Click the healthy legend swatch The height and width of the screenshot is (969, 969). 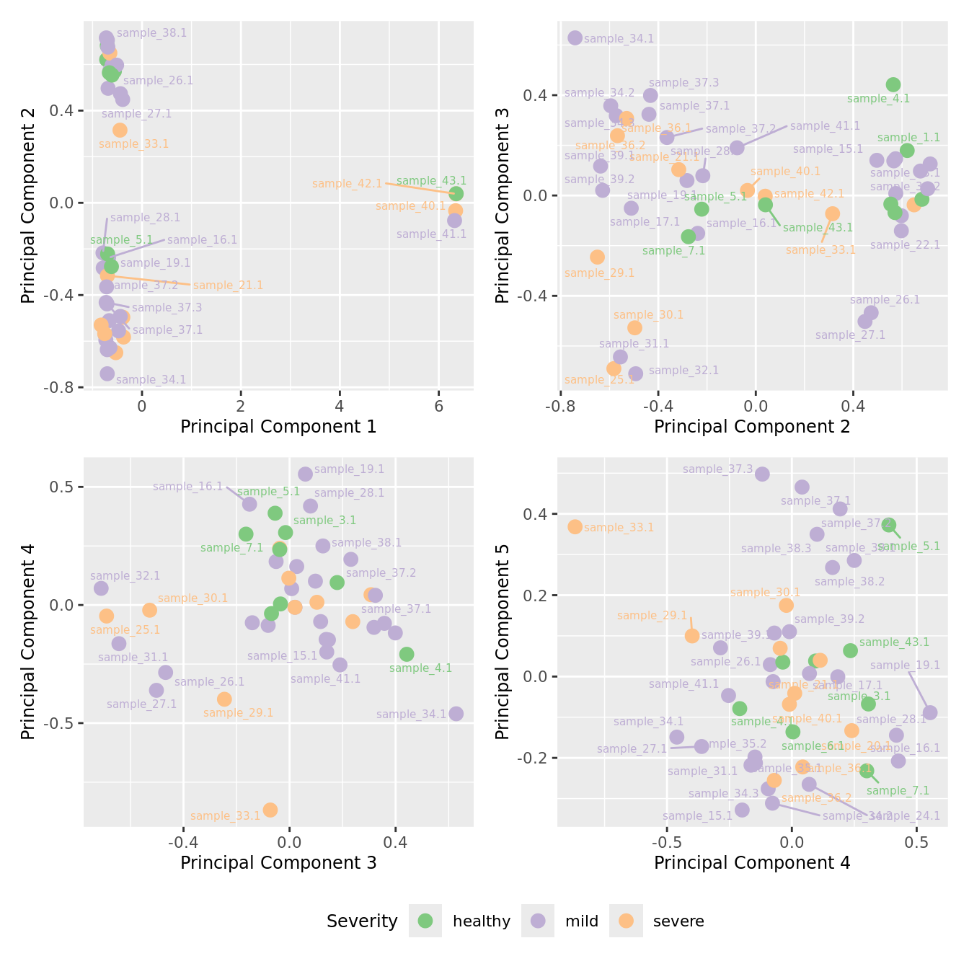[425, 921]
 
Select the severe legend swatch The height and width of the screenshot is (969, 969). [626, 921]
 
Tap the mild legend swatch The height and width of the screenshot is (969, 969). [538, 921]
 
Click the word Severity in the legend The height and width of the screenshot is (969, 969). [362, 921]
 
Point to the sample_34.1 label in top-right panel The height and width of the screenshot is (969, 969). [619, 39]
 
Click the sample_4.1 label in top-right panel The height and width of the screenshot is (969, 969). [878, 99]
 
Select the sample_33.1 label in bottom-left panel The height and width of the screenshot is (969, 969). [225, 816]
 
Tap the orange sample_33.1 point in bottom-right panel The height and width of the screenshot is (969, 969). [575, 527]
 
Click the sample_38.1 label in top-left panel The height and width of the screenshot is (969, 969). [151, 33]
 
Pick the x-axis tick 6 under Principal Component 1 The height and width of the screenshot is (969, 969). [438, 406]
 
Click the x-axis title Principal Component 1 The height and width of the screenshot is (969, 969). [278, 427]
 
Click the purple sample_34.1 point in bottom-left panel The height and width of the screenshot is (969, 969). [456, 714]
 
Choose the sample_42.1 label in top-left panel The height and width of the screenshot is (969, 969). [347, 184]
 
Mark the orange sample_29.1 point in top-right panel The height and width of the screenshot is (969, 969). [597, 257]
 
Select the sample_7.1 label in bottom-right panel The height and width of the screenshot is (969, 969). [898, 791]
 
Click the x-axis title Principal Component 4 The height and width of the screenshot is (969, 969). [752, 863]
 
